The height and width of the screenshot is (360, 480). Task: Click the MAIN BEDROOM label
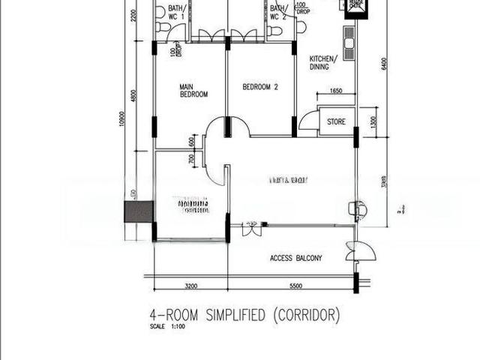(193, 91)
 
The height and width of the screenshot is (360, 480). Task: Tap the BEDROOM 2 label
(260, 87)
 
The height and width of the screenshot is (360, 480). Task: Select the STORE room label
(336, 121)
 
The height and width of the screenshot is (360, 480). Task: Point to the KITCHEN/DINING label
(324, 62)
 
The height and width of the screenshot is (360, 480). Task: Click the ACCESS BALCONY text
(295, 259)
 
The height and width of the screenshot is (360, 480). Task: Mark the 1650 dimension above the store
(335, 91)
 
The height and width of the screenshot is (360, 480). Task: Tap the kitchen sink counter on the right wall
(348, 45)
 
